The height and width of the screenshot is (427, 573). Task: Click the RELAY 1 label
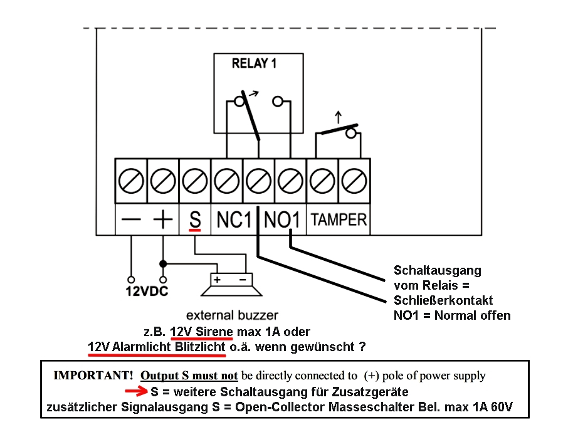254,63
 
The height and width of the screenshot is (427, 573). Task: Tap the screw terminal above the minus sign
131,182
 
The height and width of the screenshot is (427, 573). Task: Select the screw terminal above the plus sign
163,182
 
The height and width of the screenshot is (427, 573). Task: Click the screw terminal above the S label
195,182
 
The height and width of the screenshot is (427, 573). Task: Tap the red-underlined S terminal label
195,219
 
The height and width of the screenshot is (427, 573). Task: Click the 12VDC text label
147,292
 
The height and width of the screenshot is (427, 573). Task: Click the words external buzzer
232,315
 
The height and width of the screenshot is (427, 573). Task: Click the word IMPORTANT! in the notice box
93,376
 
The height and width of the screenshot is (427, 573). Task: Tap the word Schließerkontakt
443,300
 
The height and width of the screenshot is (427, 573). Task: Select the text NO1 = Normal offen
452,315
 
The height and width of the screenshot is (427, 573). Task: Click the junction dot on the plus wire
163,263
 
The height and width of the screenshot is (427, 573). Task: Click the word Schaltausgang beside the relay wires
438,270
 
